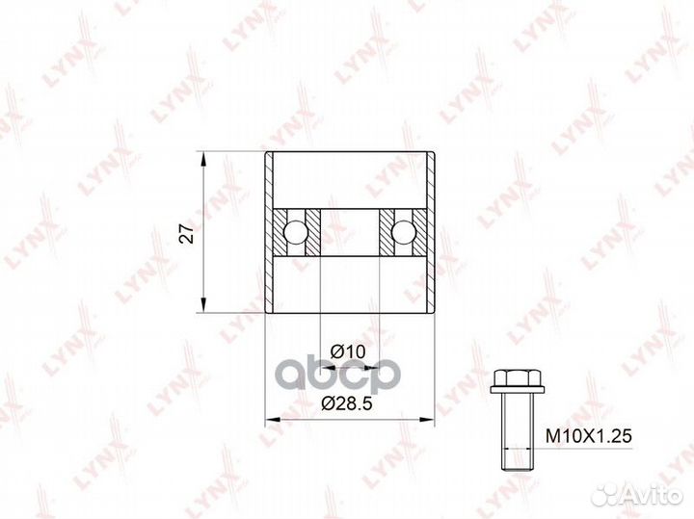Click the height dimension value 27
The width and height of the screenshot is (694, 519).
188,233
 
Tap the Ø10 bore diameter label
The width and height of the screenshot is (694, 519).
348,351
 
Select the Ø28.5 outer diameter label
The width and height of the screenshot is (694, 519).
347,402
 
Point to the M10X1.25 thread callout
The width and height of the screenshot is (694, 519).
588,436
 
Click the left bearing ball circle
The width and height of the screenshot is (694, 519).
294,232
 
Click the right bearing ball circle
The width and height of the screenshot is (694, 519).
402,232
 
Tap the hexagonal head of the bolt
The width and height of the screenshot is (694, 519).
517,377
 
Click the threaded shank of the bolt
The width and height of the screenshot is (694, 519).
517,431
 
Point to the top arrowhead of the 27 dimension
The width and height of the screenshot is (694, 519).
203,159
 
